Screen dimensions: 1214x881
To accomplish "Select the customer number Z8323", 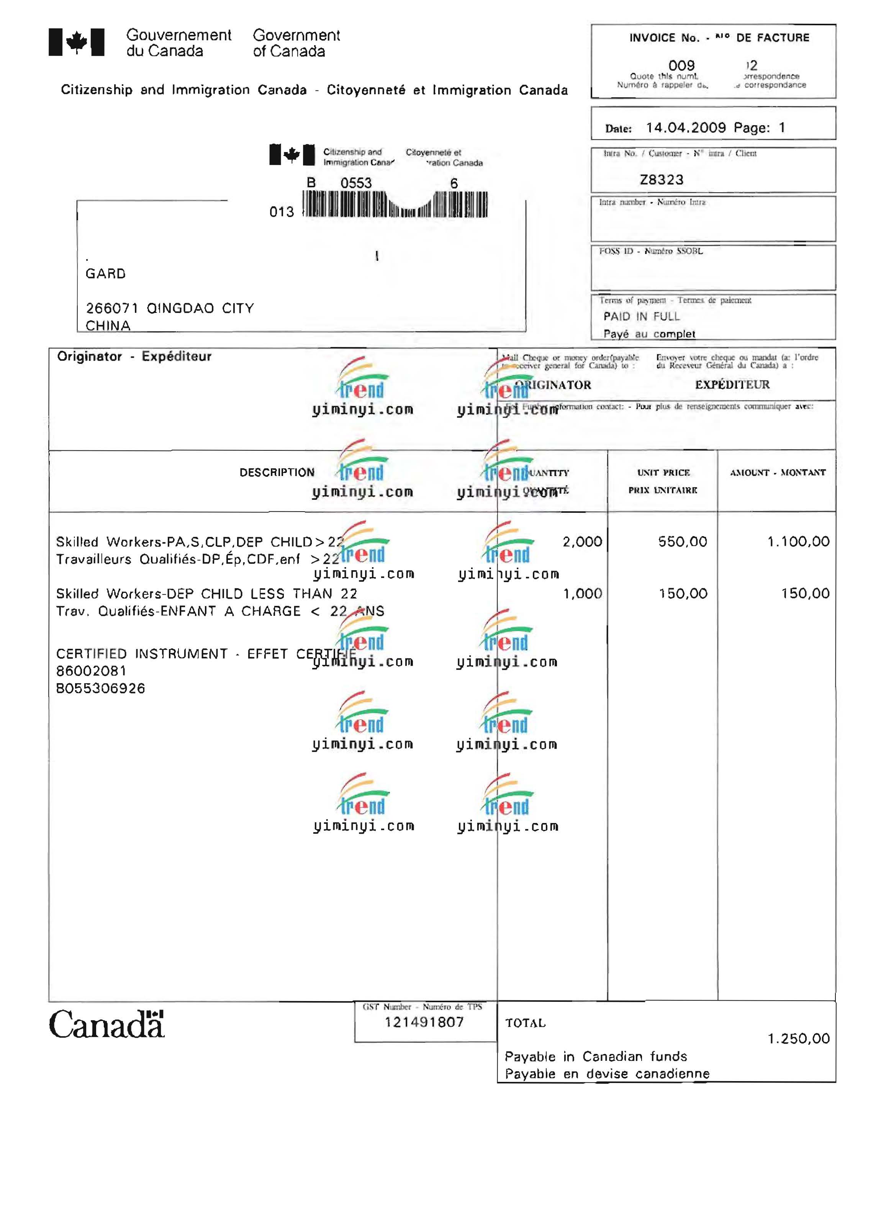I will pyautogui.click(x=662, y=180).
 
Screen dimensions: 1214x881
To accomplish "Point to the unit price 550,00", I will pyautogui.click(x=683, y=542).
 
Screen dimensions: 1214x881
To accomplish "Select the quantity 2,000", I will pyautogui.click(x=582, y=542).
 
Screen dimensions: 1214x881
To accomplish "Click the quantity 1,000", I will pyautogui.click(x=582, y=594).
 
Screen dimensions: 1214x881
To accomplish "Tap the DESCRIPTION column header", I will pyautogui.click(x=277, y=473).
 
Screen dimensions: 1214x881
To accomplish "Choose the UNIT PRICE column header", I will pyautogui.click(x=663, y=473).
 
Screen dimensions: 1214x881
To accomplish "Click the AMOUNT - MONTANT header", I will pyautogui.click(x=777, y=473).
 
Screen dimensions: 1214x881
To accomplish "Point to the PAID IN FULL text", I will pyautogui.click(x=641, y=316).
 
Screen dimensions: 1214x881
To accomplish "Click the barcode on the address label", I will pyautogui.click(x=395, y=205).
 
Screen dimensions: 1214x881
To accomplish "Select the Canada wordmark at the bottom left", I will pyautogui.click(x=106, y=1024).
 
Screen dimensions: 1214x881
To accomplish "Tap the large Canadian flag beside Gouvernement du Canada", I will pyautogui.click(x=77, y=42).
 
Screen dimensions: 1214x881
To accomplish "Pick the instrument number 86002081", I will pyautogui.click(x=91, y=671).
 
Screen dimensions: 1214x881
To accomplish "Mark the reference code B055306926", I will pyautogui.click(x=101, y=688).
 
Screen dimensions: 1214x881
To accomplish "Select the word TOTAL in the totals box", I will pyautogui.click(x=525, y=1023).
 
